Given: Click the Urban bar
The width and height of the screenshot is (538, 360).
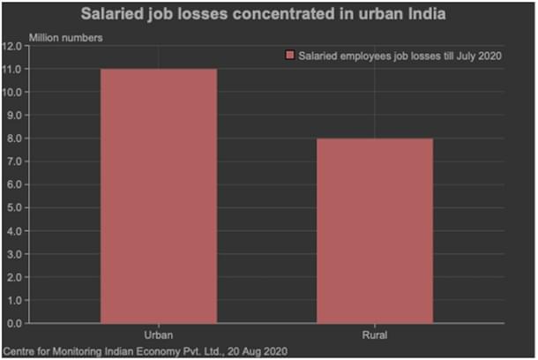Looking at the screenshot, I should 159,196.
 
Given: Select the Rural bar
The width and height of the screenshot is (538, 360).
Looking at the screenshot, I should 375,231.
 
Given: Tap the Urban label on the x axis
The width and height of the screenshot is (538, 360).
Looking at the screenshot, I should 159,335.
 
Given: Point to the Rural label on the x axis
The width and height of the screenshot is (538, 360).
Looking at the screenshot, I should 375,335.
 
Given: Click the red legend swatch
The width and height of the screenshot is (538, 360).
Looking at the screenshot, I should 288,56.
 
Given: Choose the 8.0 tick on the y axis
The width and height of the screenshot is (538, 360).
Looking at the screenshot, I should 14,139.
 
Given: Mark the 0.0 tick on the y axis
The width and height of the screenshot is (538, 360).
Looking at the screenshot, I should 14,323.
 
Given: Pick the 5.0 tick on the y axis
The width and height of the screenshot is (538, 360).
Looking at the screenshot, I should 14,207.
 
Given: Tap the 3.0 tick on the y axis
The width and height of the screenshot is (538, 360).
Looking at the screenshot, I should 14,254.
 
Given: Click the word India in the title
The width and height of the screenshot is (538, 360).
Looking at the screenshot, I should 428,15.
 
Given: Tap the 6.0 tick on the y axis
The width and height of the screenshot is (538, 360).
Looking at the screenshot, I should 14,184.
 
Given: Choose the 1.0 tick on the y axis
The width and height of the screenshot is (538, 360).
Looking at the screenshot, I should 14,300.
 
